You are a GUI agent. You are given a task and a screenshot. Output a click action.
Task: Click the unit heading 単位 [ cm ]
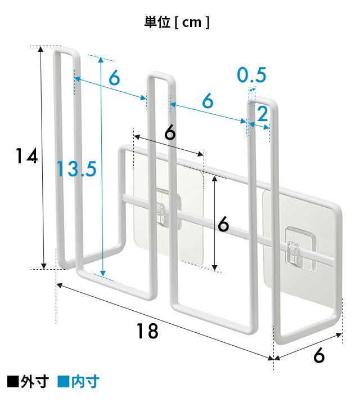[177, 23]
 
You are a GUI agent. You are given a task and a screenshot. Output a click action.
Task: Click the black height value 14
[26, 156]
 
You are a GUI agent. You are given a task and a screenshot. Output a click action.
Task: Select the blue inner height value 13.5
[76, 169]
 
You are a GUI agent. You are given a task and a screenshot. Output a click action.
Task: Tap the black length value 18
[147, 331]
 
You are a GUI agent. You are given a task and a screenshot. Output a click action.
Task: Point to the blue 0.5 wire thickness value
[251, 75]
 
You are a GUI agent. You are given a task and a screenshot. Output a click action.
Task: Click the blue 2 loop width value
[263, 114]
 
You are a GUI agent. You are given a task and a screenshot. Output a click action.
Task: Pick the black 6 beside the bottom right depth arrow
[318, 355]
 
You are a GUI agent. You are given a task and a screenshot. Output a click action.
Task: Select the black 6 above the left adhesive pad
[170, 133]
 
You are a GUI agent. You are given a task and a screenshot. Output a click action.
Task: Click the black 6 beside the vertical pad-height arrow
[223, 224]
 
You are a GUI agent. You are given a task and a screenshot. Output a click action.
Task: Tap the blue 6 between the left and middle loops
[114, 77]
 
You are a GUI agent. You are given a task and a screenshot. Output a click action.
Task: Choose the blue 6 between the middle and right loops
[208, 101]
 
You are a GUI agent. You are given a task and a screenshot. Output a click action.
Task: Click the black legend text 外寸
[35, 382]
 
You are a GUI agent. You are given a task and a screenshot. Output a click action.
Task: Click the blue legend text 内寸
[85, 382]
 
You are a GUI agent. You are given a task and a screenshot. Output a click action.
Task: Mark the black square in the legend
[13, 382]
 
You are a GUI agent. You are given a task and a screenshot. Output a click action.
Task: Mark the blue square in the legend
[63, 382]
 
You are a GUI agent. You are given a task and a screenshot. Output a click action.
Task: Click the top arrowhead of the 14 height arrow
[40, 48]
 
